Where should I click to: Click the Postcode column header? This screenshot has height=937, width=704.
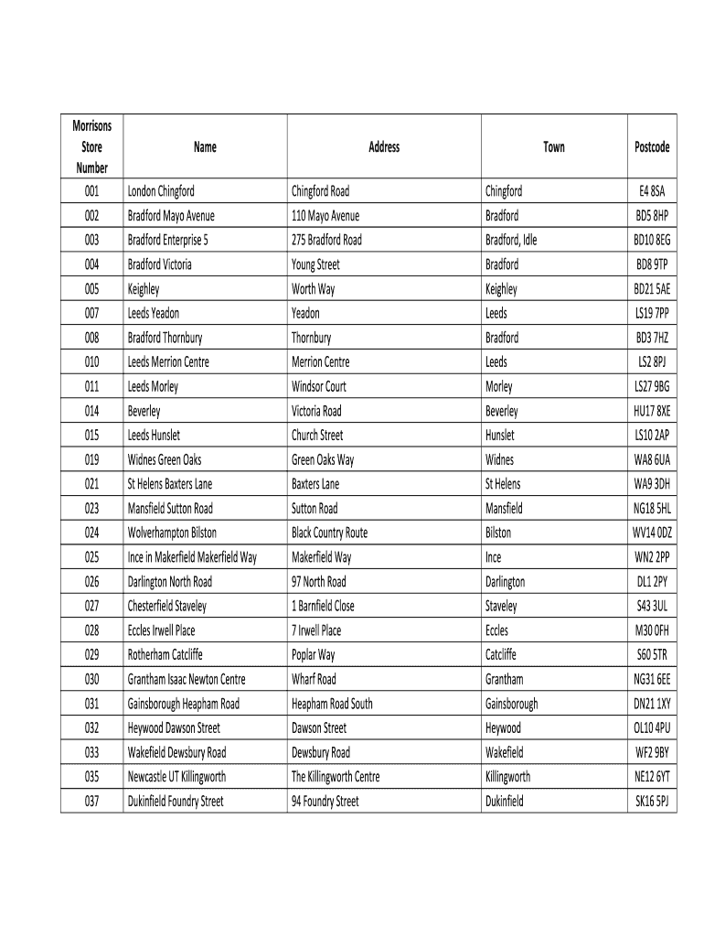click(x=652, y=147)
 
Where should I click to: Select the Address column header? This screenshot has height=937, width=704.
click(x=384, y=147)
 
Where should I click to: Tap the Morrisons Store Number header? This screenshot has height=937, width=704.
click(x=91, y=147)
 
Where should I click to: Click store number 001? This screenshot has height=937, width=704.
click(x=91, y=192)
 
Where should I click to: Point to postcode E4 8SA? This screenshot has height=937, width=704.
click(x=652, y=192)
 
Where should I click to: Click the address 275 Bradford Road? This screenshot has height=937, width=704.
click(x=326, y=241)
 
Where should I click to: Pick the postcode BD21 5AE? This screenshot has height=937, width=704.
click(x=652, y=289)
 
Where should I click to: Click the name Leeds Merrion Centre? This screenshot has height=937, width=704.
click(x=168, y=362)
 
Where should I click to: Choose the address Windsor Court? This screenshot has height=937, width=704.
click(x=319, y=387)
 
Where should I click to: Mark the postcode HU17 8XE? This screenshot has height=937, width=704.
click(x=652, y=412)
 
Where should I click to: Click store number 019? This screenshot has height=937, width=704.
click(x=91, y=460)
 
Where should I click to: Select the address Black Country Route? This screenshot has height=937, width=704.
click(x=329, y=533)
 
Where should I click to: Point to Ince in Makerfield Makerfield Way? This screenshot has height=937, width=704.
click(x=192, y=557)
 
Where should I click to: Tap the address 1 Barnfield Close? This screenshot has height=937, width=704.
click(x=323, y=607)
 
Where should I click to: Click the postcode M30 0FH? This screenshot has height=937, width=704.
click(x=652, y=630)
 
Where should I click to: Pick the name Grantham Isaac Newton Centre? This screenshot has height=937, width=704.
click(x=187, y=680)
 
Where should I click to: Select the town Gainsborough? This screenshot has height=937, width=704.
click(x=511, y=705)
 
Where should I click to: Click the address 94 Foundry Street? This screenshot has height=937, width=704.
click(x=325, y=802)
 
